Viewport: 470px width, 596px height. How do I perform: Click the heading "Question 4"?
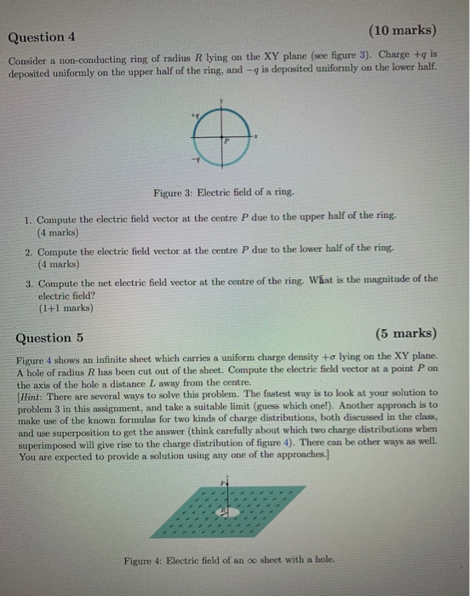click(42, 37)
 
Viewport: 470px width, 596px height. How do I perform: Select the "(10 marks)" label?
click(403, 32)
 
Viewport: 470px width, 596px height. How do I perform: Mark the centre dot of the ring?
click(221, 136)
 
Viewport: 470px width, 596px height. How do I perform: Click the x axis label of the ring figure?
click(256, 135)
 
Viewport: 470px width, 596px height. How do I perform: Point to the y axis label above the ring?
click(221, 101)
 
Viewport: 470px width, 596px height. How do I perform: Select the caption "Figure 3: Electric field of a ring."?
click(224, 193)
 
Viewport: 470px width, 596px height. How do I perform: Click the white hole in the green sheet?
click(225, 512)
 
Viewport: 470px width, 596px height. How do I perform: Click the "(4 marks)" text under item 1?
click(57, 231)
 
